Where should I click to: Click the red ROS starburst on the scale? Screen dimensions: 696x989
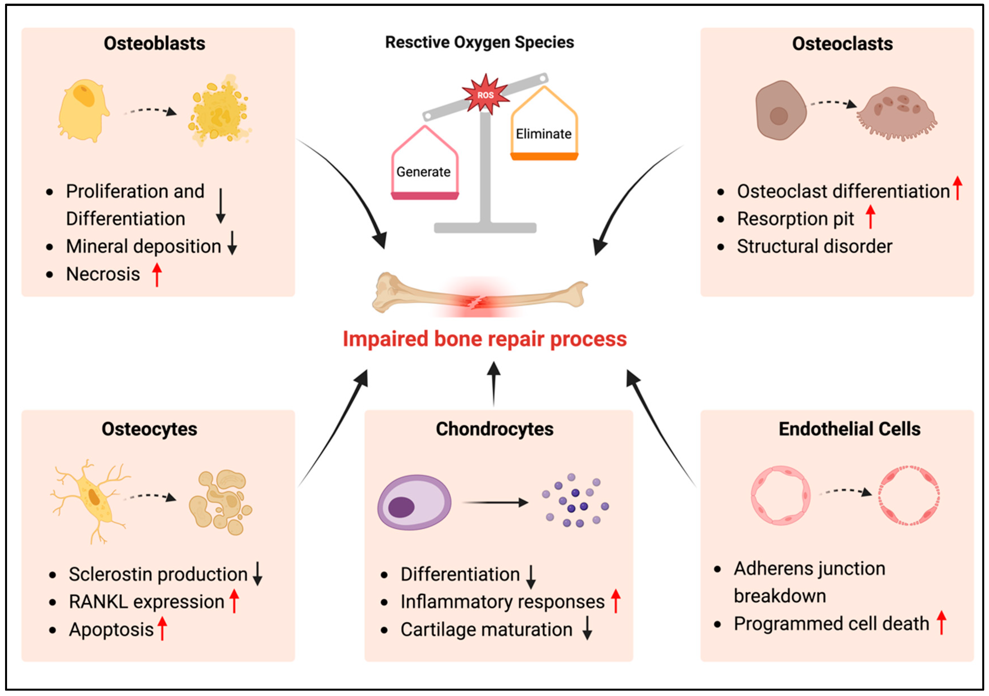coord(485,95)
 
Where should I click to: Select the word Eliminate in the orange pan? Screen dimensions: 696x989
coord(543,134)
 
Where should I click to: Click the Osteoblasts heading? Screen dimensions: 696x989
coord(154,43)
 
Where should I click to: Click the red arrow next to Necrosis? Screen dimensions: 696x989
coord(157,274)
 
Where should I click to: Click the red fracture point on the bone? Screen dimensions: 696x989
coord(476,302)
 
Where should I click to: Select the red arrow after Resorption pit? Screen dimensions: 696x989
coord(870,217)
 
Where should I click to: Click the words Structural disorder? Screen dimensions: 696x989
coord(814,246)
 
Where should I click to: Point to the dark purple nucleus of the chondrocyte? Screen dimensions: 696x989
coord(401,507)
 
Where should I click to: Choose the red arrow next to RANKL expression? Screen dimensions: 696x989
coord(234,601)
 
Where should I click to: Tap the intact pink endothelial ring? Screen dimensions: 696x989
coord(780,495)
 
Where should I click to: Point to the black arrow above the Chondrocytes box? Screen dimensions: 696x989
coord(494,383)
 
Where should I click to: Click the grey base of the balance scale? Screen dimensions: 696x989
coord(485,228)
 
